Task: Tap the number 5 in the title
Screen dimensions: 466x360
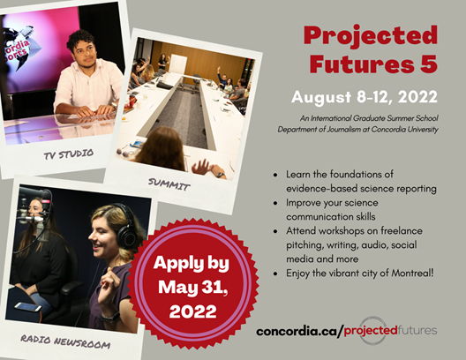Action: click(x=429, y=64)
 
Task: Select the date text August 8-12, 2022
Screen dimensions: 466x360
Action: click(x=365, y=96)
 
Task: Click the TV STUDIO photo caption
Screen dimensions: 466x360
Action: click(x=69, y=154)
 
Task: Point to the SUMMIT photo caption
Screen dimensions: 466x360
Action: click(x=169, y=184)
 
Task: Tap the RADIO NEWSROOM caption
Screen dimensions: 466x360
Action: click(x=65, y=341)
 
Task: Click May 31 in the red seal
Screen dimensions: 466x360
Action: click(x=192, y=287)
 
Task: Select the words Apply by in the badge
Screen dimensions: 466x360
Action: click(x=192, y=264)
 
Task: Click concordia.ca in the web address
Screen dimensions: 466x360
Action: click(x=297, y=331)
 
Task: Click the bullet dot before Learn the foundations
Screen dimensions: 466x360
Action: click(x=275, y=175)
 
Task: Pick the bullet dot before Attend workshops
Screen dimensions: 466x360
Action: click(x=275, y=231)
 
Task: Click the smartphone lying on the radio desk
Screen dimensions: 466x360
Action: click(x=28, y=307)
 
